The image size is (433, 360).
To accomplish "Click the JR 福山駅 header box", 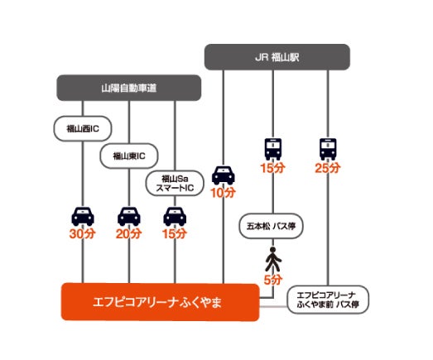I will pyautogui.click(x=277, y=58).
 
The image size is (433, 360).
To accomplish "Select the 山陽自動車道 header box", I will pyautogui.click(x=128, y=87).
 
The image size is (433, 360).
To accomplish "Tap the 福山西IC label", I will pyautogui.click(x=83, y=128).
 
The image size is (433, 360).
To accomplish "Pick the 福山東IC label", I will pyautogui.click(x=129, y=155).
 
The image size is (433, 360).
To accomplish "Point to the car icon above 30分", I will pyautogui.click(x=83, y=216).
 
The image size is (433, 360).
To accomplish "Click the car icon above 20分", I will pyautogui.click(x=129, y=216).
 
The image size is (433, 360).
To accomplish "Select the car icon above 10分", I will pyautogui.click(x=224, y=175).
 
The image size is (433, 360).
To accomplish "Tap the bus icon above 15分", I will pyautogui.click(x=273, y=149).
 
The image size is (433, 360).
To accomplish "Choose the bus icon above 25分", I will pyautogui.click(x=329, y=149).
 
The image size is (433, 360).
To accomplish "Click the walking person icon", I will pyautogui.click(x=273, y=262).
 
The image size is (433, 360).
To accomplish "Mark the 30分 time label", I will pyautogui.click(x=83, y=234).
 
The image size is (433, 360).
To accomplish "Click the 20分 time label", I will pyautogui.click(x=129, y=234).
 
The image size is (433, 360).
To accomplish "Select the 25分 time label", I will pyautogui.click(x=329, y=168).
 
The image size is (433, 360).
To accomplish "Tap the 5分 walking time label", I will pyautogui.click(x=273, y=280).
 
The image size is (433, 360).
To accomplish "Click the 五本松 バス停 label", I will pyautogui.click(x=272, y=224).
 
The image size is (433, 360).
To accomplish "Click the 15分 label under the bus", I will pyautogui.click(x=273, y=168).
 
